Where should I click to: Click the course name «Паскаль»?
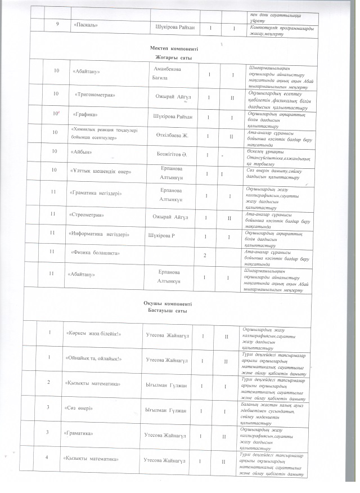[87, 27]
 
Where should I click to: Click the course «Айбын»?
[82, 152]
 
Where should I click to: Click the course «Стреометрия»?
[89, 215]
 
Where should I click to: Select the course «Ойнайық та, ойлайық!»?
[94, 358]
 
